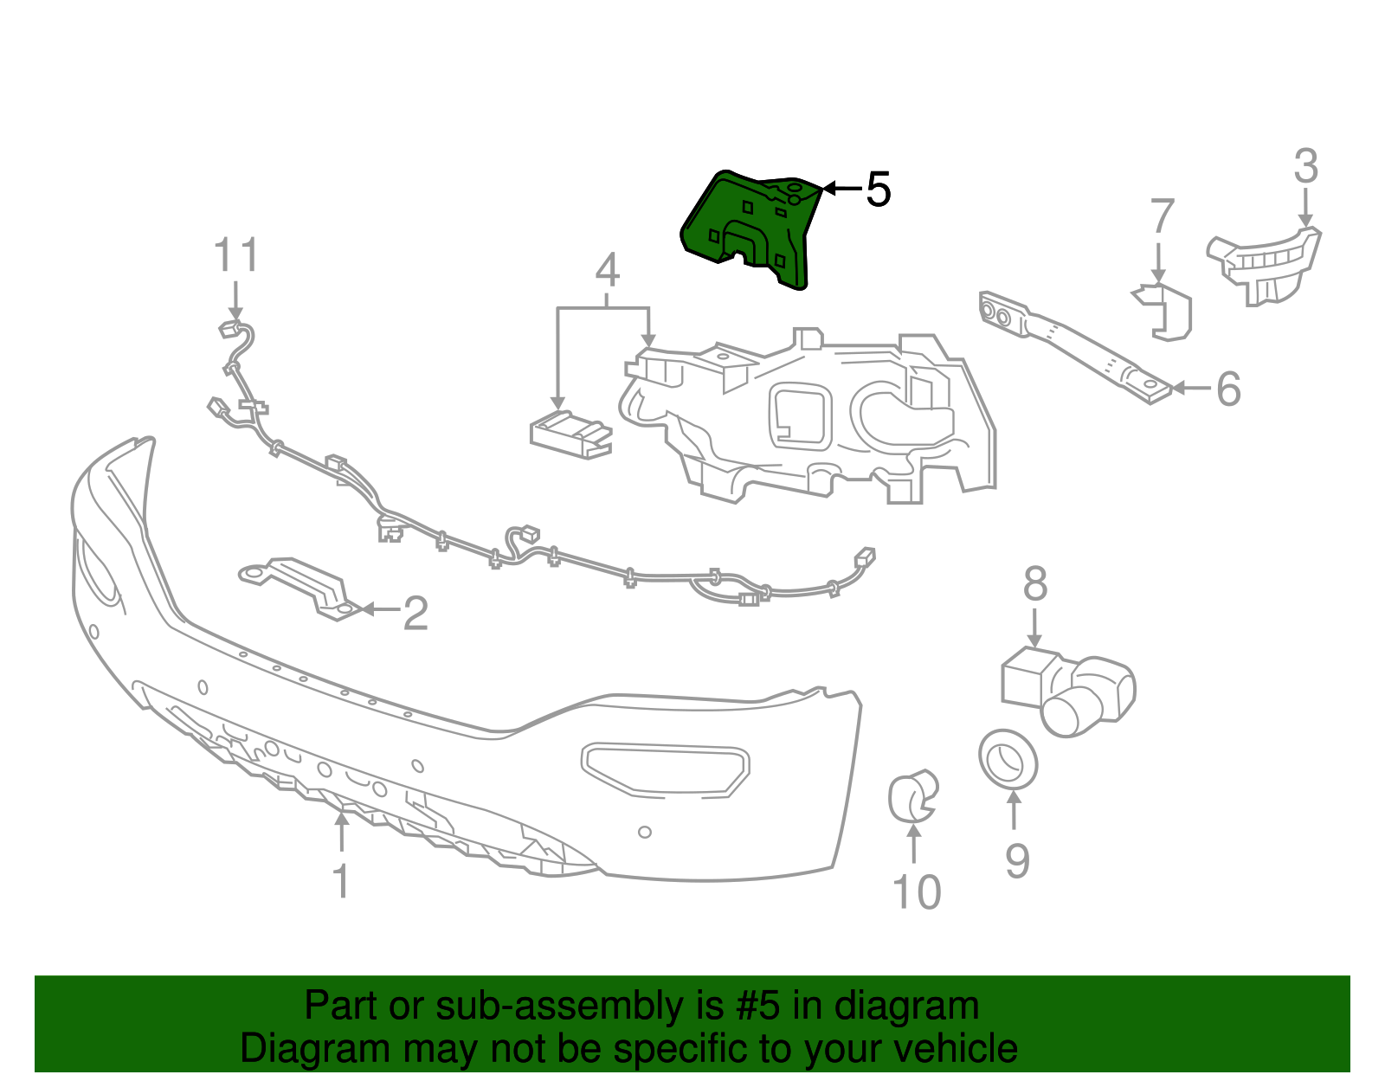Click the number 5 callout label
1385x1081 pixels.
pyautogui.click(x=878, y=190)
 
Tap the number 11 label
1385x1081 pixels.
pyautogui.click(x=235, y=256)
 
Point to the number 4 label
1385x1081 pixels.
pyautogui.click(x=608, y=271)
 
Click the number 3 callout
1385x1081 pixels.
pyautogui.click(x=1305, y=166)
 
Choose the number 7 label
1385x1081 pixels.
pyautogui.click(x=1162, y=216)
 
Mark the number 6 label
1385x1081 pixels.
pyautogui.click(x=1228, y=389)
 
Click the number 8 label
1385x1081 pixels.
pyautogui.click(x=1035, y=584)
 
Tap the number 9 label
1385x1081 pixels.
pyautogui.click(x=1017, y=860)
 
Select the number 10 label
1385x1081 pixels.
pyautogui.click(x=916, y=892)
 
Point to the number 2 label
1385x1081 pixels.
pyautogui.click(x=415, y=614)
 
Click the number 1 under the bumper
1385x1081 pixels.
pyautogui.click(x=341, y=881)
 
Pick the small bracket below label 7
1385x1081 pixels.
pyautogui.click(x=1167, y=311)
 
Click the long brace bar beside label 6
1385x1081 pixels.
pyautogui.click(x=1073, y=347)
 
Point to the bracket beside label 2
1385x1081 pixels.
pyautogui.click(x=299, y=585)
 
